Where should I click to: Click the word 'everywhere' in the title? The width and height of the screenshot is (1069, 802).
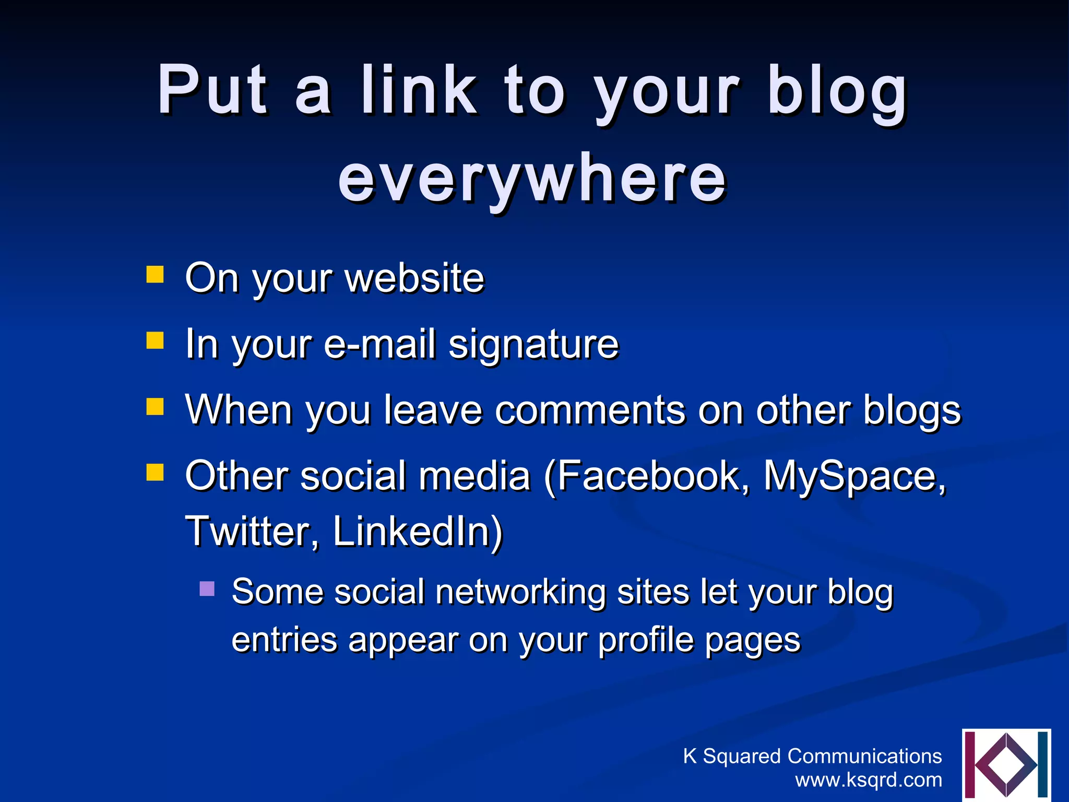pos(532,179)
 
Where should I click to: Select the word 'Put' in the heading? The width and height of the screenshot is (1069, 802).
pos(213,90)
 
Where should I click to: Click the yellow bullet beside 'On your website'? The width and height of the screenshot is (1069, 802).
pos(155,274)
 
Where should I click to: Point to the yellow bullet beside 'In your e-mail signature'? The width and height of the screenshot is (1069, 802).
pos(155,340)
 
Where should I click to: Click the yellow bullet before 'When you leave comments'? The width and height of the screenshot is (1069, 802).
pos(155,406)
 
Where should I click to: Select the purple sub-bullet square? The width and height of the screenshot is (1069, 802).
pos(207,589)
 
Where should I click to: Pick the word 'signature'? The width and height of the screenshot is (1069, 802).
pos(533,345)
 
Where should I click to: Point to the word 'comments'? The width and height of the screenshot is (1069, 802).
pos(590,410)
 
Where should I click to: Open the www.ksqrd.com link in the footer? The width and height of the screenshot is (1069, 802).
pos(869,780)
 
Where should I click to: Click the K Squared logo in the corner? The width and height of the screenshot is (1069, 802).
pos(1006,764)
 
